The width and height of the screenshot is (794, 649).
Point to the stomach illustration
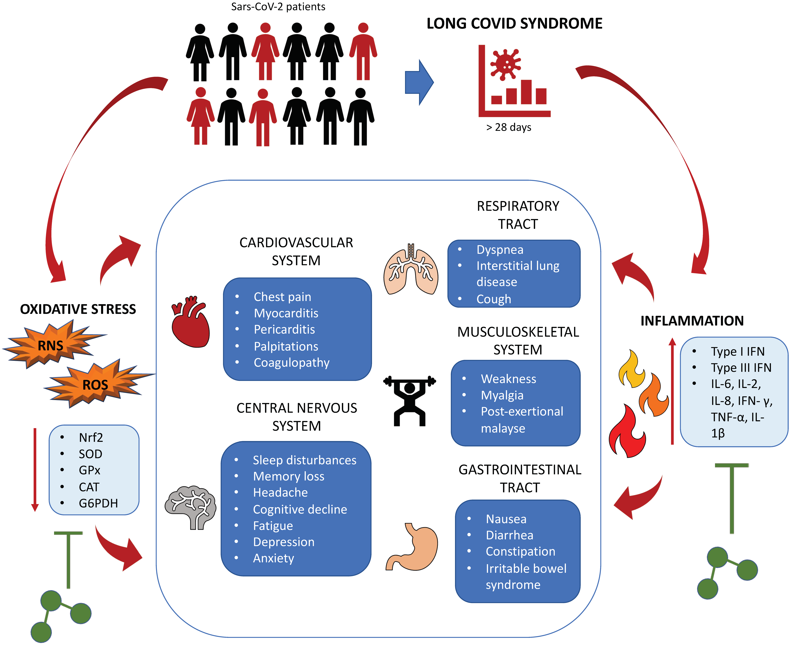click(413, 548)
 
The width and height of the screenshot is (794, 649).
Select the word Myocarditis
click(286, 313)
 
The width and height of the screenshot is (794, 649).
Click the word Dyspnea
click(500, 249)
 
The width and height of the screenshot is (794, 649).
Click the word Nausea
click(506, 519)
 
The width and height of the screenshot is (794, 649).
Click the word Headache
click(280, 492)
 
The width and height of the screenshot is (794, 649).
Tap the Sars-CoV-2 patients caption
click(278, 7)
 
